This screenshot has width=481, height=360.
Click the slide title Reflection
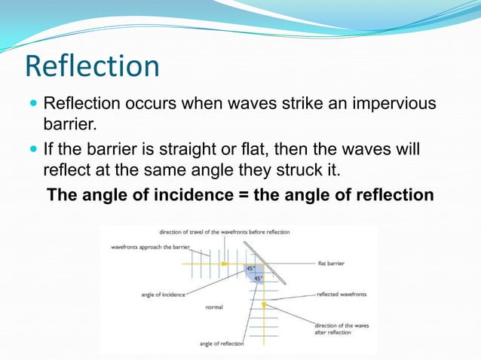coord(92,66)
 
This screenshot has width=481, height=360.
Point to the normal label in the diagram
coord(213,307)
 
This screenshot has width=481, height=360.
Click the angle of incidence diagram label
coord(164,294)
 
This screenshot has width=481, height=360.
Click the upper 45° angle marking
coord(250,268)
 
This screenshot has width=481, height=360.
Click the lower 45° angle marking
coord(258,278)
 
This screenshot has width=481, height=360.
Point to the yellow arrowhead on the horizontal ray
coord(224,264)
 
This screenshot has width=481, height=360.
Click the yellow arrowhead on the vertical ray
coord(265,304)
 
